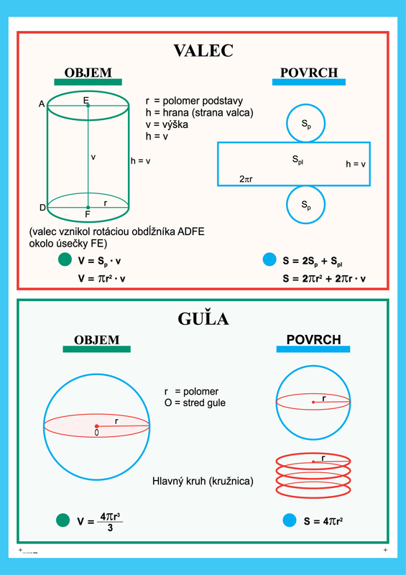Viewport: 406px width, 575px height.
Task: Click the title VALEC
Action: [x=203, y=50]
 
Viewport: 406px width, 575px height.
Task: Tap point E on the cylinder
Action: [x=88, y=106]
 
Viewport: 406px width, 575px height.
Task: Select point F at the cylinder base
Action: [x=88, y=208]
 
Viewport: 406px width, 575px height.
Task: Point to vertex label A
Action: [x=42, y=104]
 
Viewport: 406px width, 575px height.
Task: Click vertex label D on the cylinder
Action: [x=42, y=208]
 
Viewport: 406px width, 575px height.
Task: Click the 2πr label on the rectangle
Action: [x=246, y=179]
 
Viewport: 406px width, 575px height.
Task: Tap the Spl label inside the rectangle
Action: [x=297, y=160]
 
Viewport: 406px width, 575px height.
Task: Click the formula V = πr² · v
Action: [x=101, y=279]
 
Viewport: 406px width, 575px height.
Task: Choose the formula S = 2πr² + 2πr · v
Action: [x=324, y=279]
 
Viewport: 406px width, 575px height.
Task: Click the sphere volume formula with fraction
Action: [x=100, y=520]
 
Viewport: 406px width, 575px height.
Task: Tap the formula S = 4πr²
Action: [x=323, y=521]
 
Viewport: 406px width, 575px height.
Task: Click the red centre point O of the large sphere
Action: [x=96, y=426]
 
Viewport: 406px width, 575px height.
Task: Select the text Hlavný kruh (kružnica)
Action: [x=203, y=481]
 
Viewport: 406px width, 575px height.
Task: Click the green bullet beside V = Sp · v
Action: [x=65, y=259]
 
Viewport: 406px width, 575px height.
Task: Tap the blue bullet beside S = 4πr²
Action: [x=290, y=520]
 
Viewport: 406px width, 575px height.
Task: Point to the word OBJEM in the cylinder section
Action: [x=88, y=73]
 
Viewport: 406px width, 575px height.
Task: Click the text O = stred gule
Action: [x=195, y=403]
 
